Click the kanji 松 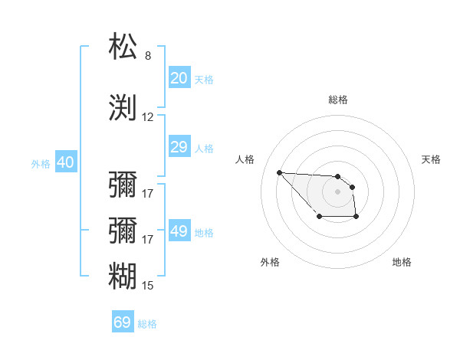[x=123, y=47]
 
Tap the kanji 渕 [x=123, y=107]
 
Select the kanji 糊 [x=123, y=276]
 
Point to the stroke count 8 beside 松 [x=148, y=56]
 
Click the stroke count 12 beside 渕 [x=148, y=117]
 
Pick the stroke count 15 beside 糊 [x=148, y=286]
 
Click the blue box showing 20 [x=179, y=78]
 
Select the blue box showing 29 [x=179, y=147]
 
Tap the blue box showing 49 [x=179, y=231]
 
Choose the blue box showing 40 [x=65, y=162]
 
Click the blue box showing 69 [x=123, y=322]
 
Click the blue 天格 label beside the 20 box [x=204, y=79]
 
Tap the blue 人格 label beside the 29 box [x=204, y=148]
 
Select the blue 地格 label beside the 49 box [x=204, y=232]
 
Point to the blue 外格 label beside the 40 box [x=41, y=163]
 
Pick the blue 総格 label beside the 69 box [x=147, y=323]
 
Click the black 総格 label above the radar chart [x=338, y=100]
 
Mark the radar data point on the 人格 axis [x=279, y=172]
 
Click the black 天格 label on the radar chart [x=431, y=159]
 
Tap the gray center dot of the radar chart [x=338, y=191]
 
